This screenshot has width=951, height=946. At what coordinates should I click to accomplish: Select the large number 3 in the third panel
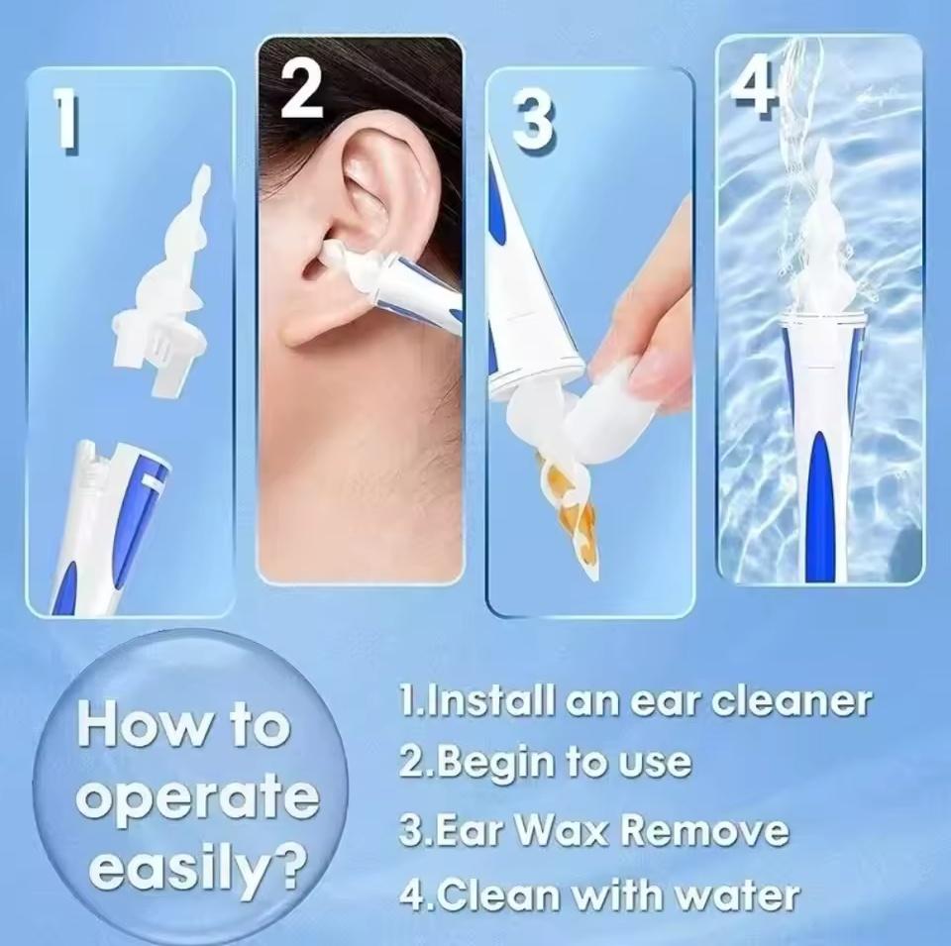coord(532,124)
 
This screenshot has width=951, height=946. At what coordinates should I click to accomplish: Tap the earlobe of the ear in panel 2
coord(300,325)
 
